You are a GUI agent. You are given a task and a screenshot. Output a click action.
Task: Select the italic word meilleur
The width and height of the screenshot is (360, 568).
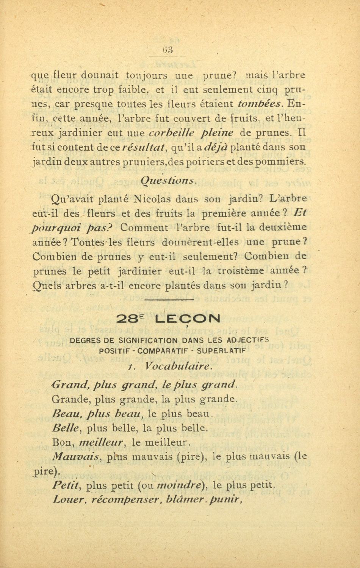(x=102, y=442)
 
